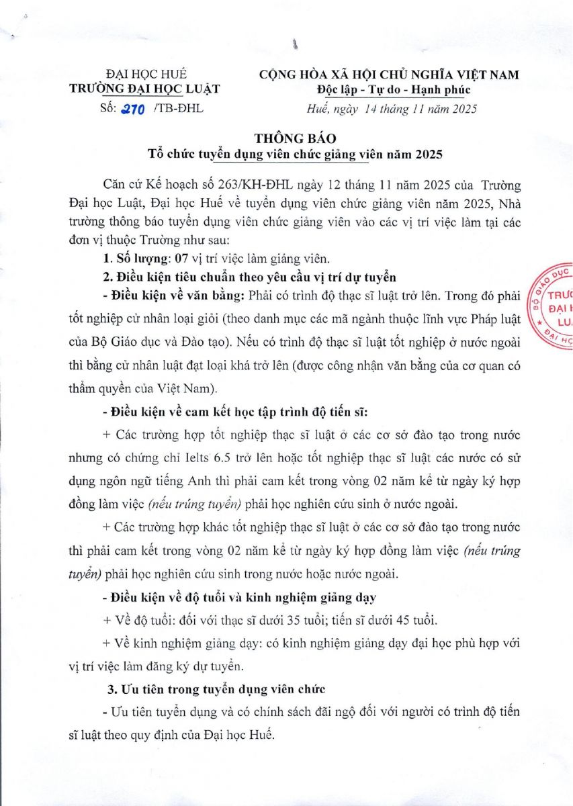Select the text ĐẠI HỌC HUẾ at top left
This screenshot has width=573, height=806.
tap(146, 75)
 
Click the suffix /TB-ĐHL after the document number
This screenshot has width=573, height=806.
tap(178, 108)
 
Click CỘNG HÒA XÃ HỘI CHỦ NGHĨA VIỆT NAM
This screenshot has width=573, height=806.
tap(389, 75)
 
